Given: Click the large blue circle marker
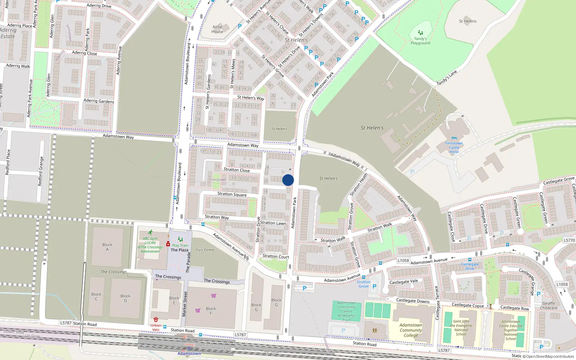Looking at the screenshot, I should point(288,180).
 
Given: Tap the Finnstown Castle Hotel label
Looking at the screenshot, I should point(454,147).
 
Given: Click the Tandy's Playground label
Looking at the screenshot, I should point(420,41).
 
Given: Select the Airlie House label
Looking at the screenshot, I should point(217,29).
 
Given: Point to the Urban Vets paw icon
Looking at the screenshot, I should point(156,320).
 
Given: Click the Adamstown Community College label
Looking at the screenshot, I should point(411,330).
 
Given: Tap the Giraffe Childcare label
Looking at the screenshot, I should point(549,306).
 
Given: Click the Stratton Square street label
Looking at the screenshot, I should point(232,194).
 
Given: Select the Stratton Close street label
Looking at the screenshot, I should point(237,170).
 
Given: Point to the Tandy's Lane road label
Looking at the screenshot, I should point(447,78).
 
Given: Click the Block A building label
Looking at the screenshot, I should point(107,247).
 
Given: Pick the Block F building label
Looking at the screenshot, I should point(211,311).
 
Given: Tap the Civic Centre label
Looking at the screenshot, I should point(205,250).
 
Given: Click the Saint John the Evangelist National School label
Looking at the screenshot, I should point(461,328).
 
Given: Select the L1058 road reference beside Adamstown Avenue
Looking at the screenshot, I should point(403,260).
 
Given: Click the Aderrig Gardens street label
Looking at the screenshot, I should point(99,101).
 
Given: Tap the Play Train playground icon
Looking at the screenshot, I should point(180,239).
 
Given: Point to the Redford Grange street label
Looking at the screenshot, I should point(41,171).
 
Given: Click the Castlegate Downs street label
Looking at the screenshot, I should point(413,301).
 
